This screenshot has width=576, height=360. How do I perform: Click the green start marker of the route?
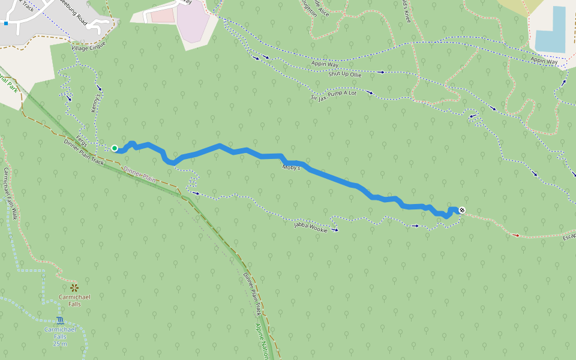pyautogui.click(x=115, y=148)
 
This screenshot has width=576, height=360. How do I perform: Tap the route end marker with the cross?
pyautogui.click(x=461, y=210)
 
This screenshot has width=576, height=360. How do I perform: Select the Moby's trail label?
pyautogui.click(x=291, y=167)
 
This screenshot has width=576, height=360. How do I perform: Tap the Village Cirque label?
pyautogui.click(x=88, y=46)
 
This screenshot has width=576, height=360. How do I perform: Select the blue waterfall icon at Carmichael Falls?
pyautogui.click(x=60, y=320)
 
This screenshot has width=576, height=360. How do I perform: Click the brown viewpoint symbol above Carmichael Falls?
pyautogui.click(x=74, y=288)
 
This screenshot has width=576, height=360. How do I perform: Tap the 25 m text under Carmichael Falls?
pyautogui.click(x=60, y=344)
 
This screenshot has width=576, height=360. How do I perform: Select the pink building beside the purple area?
pyautogui.click(x=161, y=16)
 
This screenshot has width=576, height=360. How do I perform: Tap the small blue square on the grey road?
pyautogui.click(x=6, y=23)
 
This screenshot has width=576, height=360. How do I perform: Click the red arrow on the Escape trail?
pyautogui.click(x=517, y=235)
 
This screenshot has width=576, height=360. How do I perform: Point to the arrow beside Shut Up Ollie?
pyautogui.click(x=381, y=72)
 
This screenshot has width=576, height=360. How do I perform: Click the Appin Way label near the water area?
pyautogui.click(x=544, y=60)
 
